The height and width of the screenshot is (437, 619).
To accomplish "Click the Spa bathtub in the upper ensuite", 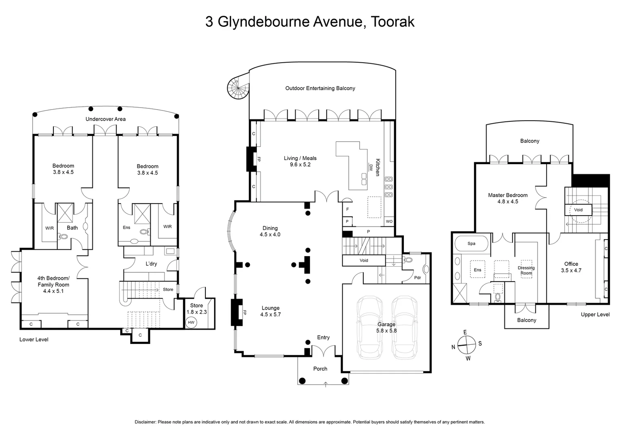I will tap(472, 244).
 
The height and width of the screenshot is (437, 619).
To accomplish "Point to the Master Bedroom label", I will tap(508, 195).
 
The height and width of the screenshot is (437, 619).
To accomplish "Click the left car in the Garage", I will tap(369, 327).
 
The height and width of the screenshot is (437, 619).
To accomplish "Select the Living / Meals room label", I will tap(300, 158).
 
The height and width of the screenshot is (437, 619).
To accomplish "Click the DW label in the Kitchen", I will tap(370, 166).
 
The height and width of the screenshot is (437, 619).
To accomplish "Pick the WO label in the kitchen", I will tap(389, 221).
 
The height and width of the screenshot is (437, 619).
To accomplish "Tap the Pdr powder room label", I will tap(418, 278).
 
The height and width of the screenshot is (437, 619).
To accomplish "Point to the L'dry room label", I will tap(151, 264).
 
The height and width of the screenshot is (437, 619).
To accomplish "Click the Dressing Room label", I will tap(526, 270).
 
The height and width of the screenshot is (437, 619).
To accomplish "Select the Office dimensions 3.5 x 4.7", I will tap(571, 270).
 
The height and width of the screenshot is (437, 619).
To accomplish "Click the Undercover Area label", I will tap(105, 119).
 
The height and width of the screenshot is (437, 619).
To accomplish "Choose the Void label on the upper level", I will tap(578, 210).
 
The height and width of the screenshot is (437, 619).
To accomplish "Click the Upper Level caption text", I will tap(595, 314).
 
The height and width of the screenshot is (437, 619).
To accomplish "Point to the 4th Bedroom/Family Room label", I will tap(53, 281).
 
